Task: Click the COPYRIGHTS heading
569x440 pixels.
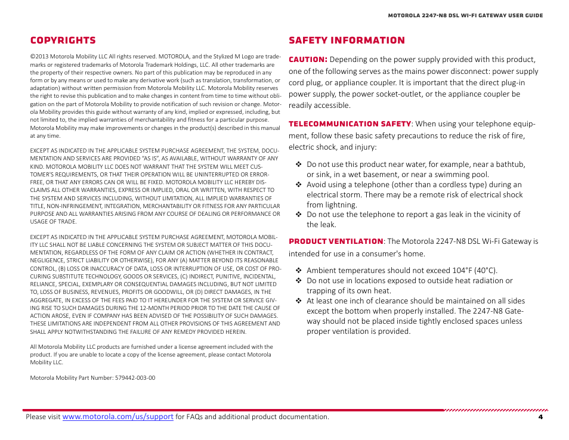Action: [63, 41]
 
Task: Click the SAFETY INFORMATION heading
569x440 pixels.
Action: [347, 41]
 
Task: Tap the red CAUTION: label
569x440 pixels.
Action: [308, 60]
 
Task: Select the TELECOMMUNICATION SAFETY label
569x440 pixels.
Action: [350, 124]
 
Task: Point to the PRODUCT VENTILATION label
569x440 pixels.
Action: [336, 241]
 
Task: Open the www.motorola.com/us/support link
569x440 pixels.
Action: [117, 417]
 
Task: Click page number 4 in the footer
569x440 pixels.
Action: [540, 417]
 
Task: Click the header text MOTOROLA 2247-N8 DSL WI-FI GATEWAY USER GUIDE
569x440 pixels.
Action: [465, 16]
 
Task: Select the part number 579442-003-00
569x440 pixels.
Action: [135, 377]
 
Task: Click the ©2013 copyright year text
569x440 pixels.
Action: [39, 56]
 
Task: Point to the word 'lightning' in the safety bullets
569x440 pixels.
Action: [339, 204]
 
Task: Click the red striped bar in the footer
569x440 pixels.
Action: [495, 410]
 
